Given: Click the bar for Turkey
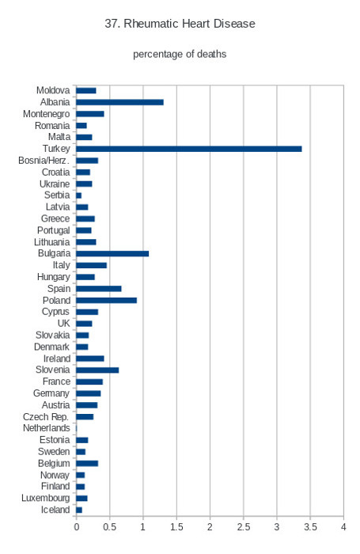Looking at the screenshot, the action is point(189,149).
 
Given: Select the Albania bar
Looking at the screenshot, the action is point(119,102).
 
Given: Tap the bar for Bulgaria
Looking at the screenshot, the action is point(112,254).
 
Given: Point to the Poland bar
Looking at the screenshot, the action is point(106,300).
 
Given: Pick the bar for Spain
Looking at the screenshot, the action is point(99,289).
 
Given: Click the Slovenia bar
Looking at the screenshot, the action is point(97,370).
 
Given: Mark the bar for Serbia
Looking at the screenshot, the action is point(79,195).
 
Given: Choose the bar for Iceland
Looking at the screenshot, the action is point(79,510).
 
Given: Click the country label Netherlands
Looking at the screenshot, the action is point(46,428).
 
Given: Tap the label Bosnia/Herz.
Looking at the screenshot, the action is point(44,161).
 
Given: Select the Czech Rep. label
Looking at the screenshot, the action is point(46,417).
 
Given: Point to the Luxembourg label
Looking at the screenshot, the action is point(46,498).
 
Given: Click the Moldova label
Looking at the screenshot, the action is point(53,90).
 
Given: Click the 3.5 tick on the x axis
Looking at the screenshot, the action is point(310,527).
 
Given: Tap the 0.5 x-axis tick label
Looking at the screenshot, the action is point(109,527).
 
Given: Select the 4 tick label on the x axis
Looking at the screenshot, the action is point(343,527).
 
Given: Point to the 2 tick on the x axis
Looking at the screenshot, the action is point(210,527).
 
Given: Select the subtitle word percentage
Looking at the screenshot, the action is point(155,55).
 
